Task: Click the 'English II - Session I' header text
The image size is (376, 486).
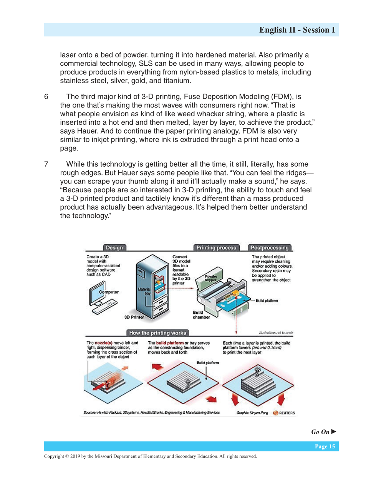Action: [296, 30]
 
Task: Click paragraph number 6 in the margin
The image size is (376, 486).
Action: [46, 97]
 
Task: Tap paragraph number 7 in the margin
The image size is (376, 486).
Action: [46, 164]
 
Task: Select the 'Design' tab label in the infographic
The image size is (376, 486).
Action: [114, 248]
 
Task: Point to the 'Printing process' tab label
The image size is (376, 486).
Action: [216, 248]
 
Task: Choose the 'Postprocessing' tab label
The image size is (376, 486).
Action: [269, 248]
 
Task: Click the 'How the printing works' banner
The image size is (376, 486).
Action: [157, 333]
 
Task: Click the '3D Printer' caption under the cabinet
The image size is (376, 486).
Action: [134, 317]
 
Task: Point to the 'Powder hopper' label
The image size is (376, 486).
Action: [211, 278]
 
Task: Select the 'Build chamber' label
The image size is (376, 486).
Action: [201, 315]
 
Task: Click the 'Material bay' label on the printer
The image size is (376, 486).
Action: [144, 291]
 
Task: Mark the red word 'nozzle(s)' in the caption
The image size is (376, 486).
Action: [104, 343]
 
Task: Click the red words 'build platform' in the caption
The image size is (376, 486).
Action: [170, 343]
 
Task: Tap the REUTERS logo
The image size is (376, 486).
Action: [284, 413]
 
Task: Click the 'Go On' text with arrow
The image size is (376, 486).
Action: [323, 432]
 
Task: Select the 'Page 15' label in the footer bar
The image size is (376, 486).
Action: [325, 446]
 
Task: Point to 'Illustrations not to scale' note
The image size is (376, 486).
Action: [276, 333]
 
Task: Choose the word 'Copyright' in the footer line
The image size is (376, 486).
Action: [54, 456]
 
